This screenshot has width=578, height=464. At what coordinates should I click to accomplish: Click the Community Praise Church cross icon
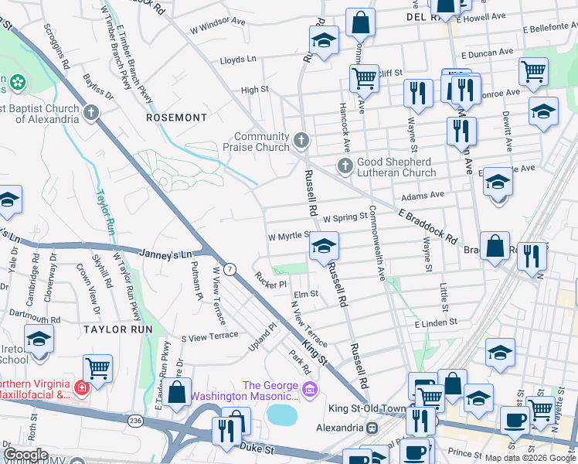tap(301, 142)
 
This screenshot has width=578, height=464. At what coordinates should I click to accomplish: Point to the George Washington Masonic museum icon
tap(311, 387)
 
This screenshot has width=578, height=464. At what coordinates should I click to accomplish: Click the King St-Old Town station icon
tap(372, 428)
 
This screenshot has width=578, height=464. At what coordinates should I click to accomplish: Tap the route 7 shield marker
tap(230, 268)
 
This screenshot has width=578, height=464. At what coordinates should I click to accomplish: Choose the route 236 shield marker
tap(136, 420)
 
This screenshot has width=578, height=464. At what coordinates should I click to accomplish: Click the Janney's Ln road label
tap(165, 254)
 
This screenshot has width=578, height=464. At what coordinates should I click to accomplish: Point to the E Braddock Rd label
tap(424, 222)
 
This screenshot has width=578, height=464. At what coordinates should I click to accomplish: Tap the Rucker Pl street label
tap(271, 284)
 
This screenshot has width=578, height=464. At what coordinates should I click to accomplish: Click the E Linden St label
tap(436, 321)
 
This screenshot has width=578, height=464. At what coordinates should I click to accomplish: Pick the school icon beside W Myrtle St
tap(325, 247)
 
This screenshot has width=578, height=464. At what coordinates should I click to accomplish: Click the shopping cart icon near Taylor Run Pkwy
tap(98, 367)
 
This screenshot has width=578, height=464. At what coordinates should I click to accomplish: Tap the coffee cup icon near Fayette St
tap(515, 421)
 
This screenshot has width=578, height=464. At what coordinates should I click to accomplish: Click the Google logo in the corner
tap(25, 455)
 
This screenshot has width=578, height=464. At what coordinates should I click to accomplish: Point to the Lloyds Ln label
tap(238, 60)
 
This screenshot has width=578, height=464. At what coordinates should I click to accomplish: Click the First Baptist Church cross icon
tap(91, 114)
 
